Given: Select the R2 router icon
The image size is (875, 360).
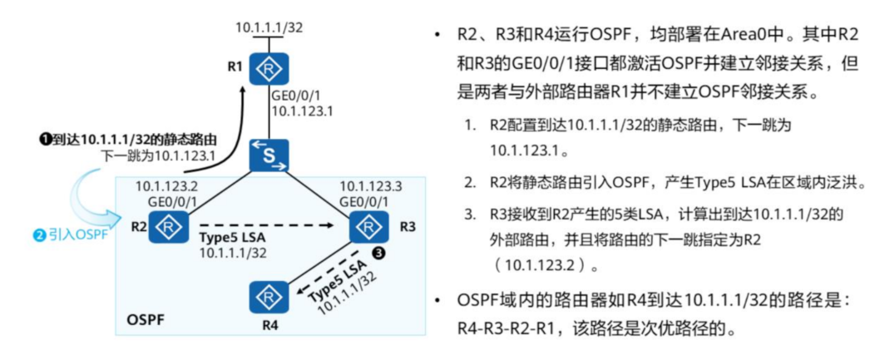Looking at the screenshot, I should [169, 226].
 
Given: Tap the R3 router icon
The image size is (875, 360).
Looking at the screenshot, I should [367, 225].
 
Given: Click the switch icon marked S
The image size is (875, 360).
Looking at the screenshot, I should [268, 155].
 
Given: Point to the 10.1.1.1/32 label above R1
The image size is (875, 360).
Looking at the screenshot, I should [268, 27].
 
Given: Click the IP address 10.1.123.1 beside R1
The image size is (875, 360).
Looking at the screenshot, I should [303, 110].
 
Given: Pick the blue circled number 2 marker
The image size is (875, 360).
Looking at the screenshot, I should [38, 235].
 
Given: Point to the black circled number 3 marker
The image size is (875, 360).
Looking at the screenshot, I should [378, 254].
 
